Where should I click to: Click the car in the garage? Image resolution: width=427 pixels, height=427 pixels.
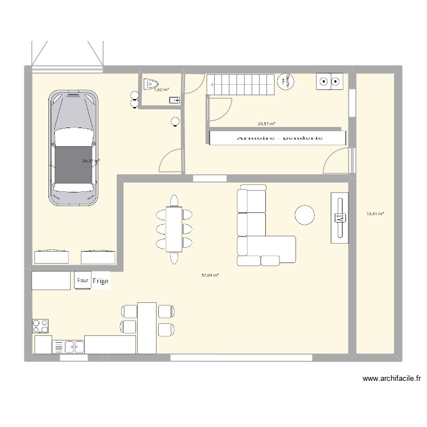pyautogui.click(x=73, y=148)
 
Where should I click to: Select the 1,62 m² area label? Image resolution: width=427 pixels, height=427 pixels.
pyautogui.click(x=161, y=89)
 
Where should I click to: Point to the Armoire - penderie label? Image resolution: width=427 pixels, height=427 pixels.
pyautogui.click(x=277, y=138)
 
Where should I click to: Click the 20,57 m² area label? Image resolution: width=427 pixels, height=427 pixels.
pyautogui.click(x=266, y=124)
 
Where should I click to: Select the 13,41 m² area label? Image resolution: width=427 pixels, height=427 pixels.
pyautogui.click(x=375, y=214)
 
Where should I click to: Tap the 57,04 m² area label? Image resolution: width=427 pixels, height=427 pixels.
pyautogui.click(x=210, y=275)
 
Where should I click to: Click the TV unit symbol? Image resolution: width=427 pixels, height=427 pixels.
pyautogui.click(x=340, y=217)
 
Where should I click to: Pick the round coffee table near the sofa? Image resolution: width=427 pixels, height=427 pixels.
pyautogui.click(x=305, y=214)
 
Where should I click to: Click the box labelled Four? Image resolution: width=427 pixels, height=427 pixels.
pyautogui.click(x=83, y=280)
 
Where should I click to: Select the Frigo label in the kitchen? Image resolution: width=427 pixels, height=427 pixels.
pyautogui.click(x=101, y=281)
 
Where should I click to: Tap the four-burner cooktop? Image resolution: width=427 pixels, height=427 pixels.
pyautogui.click(x=40, y=326)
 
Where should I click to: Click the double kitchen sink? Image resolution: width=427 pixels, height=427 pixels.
pyautogui.click(x=68, y=346)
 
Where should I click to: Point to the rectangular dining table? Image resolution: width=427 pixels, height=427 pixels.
pyautogui.click(x=174, y=229)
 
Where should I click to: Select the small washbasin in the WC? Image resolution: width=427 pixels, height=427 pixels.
pyautogui.click(x=174, y=101)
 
